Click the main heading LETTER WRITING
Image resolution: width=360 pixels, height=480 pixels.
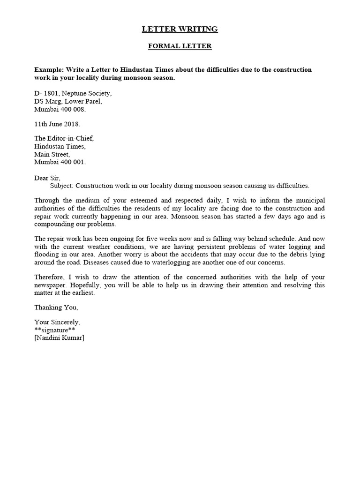(x=180, y=29)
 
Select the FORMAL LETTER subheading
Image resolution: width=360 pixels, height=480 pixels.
(x=180, y=46)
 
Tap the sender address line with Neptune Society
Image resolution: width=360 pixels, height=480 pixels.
(x=73, y=93)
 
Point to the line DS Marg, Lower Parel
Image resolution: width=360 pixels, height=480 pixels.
(x=67, y=101)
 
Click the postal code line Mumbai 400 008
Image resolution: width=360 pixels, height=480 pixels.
(x=60, y=109)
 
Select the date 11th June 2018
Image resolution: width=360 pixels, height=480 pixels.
(x=57, y=124)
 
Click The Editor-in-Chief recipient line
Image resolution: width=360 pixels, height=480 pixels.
(x=64, y=139)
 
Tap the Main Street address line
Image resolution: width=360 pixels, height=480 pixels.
(x=52, y=154)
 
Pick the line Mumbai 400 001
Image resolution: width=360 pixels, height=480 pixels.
(x=60, y=162)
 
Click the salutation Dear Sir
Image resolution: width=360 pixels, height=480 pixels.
(x=47, y=178)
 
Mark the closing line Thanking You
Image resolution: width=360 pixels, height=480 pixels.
(x=56, y=307)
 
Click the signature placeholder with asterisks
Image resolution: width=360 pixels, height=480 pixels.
(x=55, y=330)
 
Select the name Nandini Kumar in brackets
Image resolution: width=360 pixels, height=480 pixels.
(x=59, y=338)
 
